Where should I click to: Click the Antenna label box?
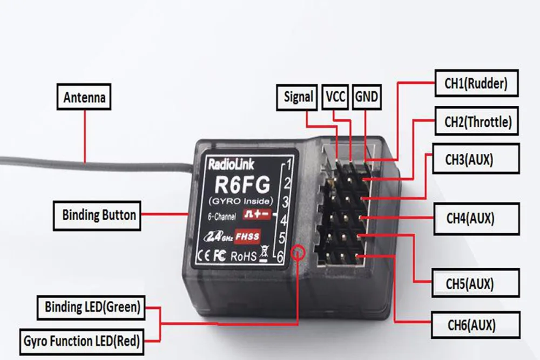pyautogui.click(x=84, y=98)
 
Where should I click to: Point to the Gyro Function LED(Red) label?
pyautogui.click(x=82, y=341)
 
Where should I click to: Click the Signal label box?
pyautogui.click(x=298, y=97)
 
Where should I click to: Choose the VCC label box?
pyautogui.click(x=335, y=97)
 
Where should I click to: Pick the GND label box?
pyautogui.click(x=367, y=97)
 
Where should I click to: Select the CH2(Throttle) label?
pyautogui.click(x=477, y=121)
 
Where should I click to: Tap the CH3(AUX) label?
pyautogui.click(x=469, y=159)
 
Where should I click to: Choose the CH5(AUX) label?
pyautogui.click(x=470, y=282)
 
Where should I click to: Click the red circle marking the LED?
pyautogui.click(x=298, y=252)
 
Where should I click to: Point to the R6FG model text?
pyautogui.click(x=238, y=185)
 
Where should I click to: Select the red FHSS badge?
pyautogui.click(x=247, y=236)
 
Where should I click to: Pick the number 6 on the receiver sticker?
pyautogui.click(x=280, y=259)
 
